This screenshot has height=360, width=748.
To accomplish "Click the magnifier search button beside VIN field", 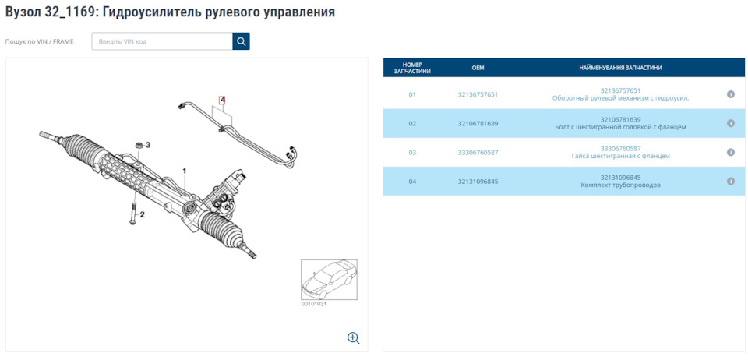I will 241,41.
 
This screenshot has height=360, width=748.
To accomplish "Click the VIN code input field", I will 162,41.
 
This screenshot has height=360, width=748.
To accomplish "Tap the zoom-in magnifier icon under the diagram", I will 353,337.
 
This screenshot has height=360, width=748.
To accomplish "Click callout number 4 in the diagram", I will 222,101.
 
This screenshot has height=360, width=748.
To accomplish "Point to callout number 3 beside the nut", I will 148,145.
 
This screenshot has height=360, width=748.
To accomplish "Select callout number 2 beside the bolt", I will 142,214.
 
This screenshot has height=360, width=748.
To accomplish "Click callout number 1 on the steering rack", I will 185,170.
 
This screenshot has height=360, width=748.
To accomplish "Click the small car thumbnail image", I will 329,280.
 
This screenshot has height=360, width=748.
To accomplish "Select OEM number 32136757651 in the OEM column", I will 478,94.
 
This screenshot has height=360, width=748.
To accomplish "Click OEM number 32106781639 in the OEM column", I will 478,123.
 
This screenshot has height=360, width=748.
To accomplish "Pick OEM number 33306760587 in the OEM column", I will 478,153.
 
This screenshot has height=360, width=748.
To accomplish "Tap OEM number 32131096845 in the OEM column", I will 478,182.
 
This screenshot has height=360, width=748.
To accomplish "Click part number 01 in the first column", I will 412,94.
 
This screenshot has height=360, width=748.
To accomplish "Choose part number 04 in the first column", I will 412,182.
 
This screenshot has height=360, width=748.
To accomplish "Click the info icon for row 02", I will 731,123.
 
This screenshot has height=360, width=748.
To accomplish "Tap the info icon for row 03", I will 731,153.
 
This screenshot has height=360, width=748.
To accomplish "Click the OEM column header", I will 478,68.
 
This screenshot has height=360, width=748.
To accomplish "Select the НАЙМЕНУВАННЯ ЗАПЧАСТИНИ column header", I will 620,68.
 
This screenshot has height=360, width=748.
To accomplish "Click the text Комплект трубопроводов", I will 620,185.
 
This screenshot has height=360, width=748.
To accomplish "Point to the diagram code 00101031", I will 314,304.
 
